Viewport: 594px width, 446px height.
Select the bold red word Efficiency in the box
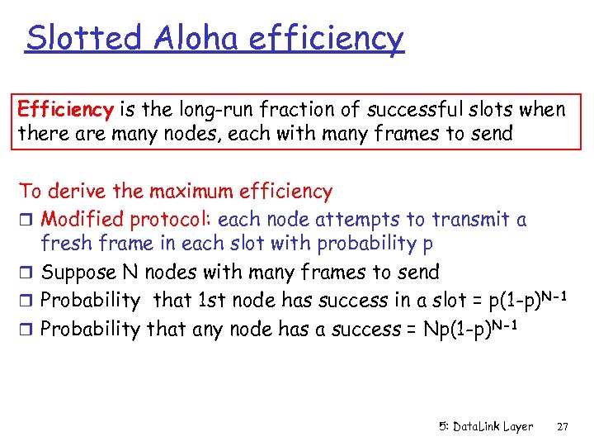(x=65, y=110)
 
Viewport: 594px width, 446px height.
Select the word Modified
(x=82, y=219)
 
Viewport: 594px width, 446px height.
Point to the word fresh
(x=65, y=243)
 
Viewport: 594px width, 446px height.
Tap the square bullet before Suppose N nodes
(x=25, y=273)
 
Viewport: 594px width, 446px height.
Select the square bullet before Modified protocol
(x=25, y=220)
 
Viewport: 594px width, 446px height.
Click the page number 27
(x=563, y=427)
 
